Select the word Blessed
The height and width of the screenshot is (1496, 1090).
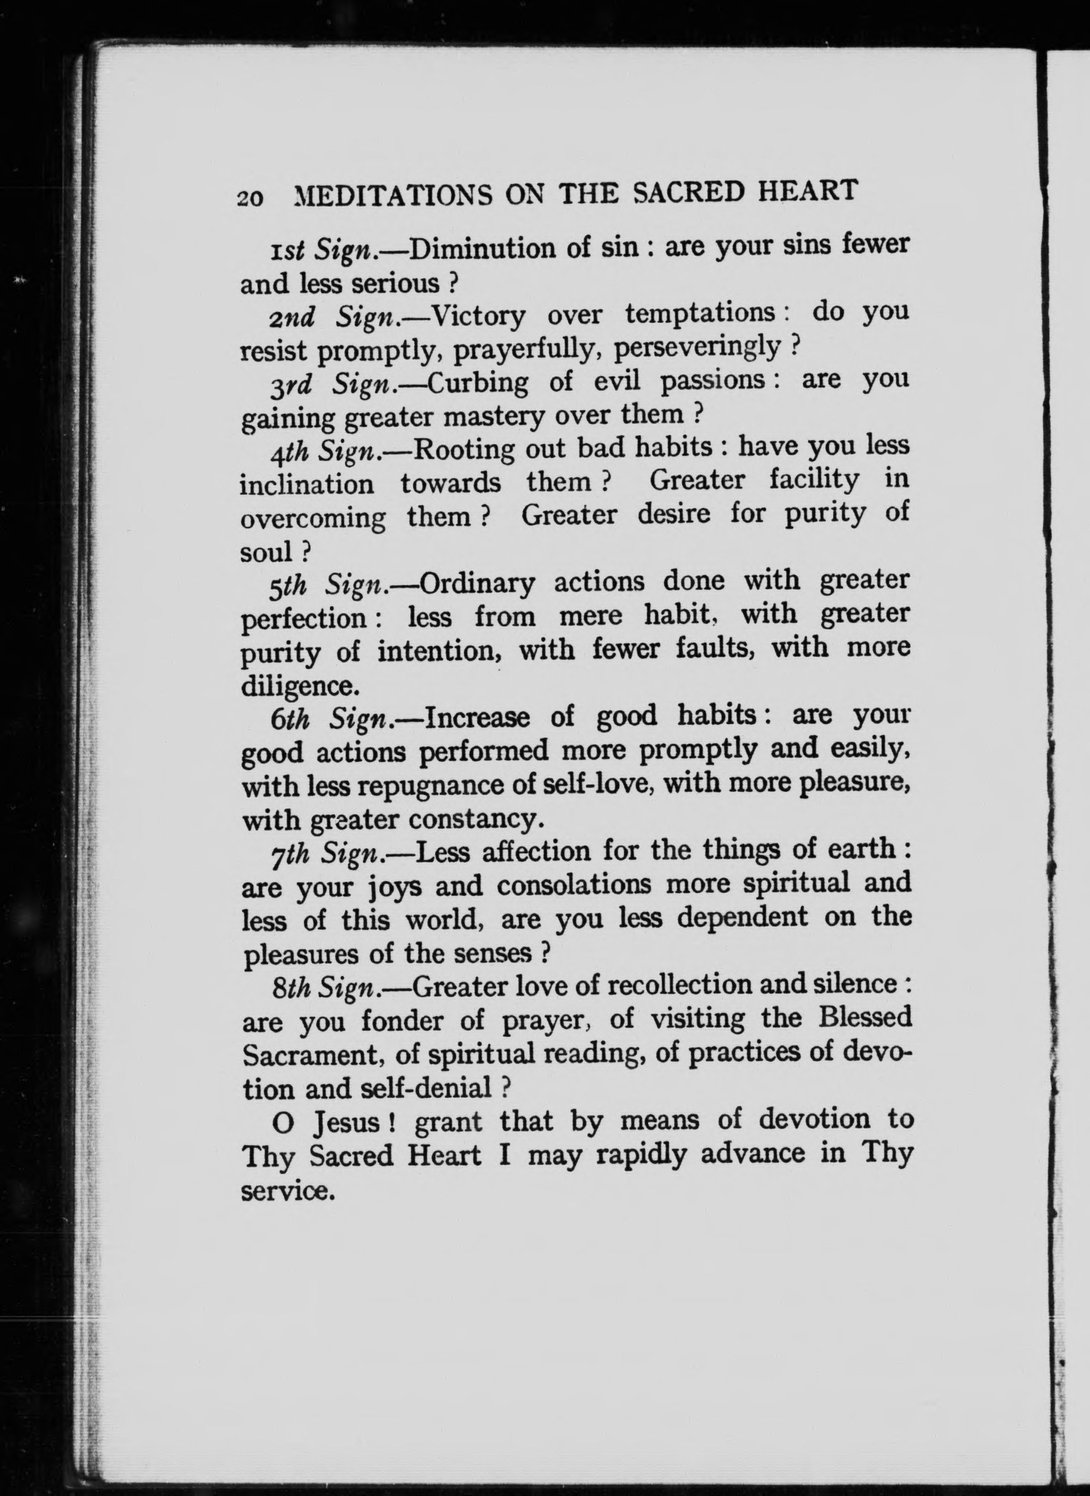pos(865,1018)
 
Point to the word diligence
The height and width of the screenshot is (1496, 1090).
pos(299,686)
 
